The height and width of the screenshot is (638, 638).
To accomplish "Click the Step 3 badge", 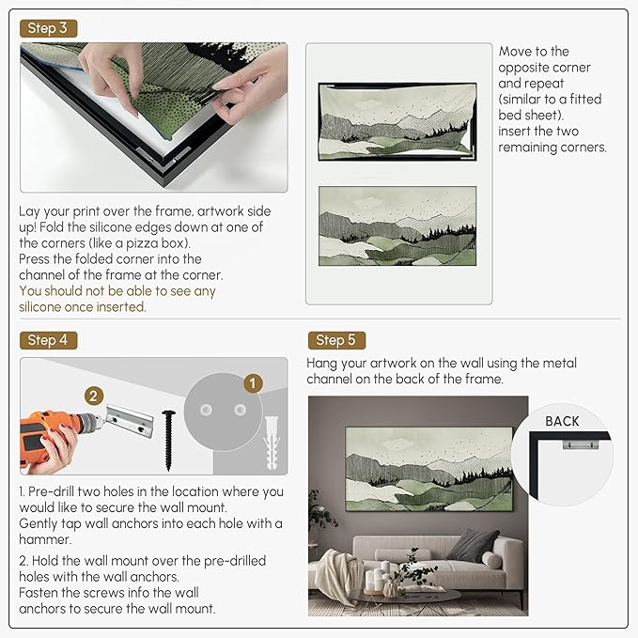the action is tap(49, 28).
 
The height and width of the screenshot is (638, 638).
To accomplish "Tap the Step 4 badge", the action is tap(49, 340).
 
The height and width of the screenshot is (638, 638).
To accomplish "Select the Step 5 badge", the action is tap(336, 340).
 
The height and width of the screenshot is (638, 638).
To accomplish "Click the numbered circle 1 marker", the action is tap(253, 383).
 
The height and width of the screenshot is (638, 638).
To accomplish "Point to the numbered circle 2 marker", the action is tap(94, 396).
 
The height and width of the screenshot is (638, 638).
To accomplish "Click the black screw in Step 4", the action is tap(168, 441).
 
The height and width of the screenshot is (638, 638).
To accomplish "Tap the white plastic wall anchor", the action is tap(272, 443).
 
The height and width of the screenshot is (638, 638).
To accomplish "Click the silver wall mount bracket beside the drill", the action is tap(130, 421).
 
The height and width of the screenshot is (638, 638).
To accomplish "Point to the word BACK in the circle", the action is tap(562, 422).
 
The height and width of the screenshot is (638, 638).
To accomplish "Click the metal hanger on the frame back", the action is tap(581, 443).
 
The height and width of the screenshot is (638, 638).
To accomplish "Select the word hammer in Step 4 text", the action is tap(45, 539).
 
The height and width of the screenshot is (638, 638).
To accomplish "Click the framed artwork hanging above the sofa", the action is tap(428, 469).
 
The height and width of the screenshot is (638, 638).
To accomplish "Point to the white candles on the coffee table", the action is tap(377, 577).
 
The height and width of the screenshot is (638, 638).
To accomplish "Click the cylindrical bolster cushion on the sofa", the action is tap(491, 559).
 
